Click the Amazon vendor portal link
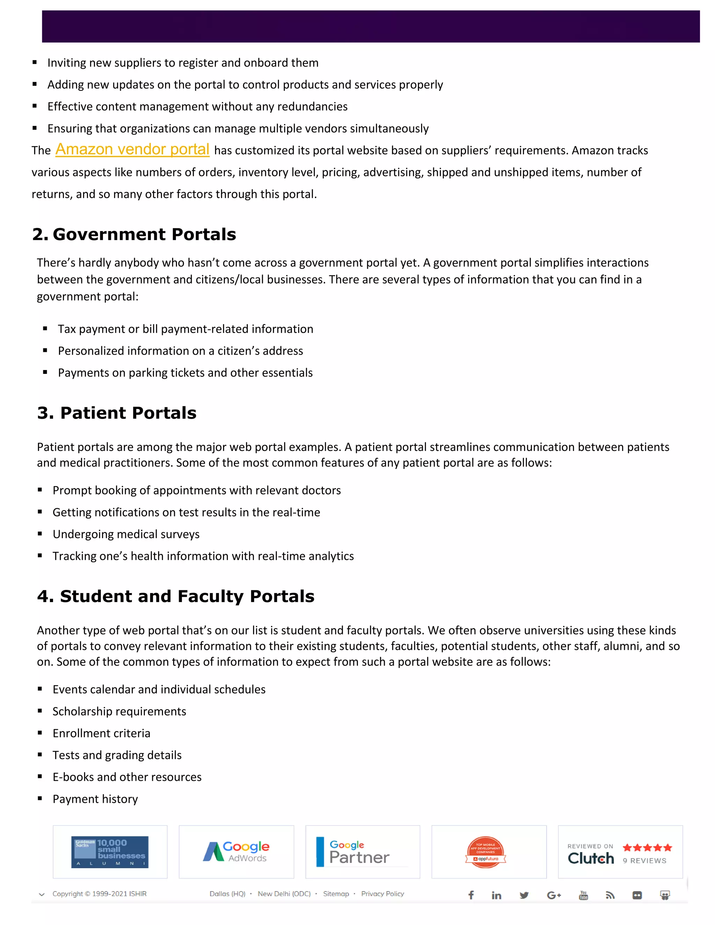pos(132,149)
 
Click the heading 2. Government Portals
pos(134,234)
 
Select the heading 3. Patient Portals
pos(117,413)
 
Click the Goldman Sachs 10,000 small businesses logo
pos(110,852)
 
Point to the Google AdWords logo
pos(236,852)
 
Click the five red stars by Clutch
pos(647,848)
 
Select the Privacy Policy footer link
pos(383,894)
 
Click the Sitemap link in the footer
pos(336,894)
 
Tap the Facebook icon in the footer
pos(471,895)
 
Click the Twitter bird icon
pos(524,895)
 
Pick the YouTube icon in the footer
pos(583,895)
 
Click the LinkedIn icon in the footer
pos(496,895)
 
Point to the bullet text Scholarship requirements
pos(119,711)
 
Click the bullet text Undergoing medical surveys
pos(126,534)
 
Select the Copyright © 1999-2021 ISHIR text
pos(99,894)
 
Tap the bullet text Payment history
pos(95,799)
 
